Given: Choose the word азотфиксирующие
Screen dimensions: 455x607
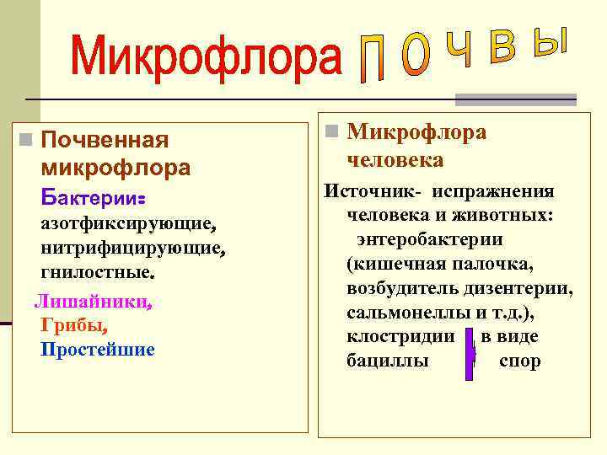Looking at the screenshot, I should tap(128, 226).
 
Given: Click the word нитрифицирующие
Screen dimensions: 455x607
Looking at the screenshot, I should tap(132, 249).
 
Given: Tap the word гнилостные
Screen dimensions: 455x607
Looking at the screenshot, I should tap(97, 273).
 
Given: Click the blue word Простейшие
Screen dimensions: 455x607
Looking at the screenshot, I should tap(98, 349).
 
